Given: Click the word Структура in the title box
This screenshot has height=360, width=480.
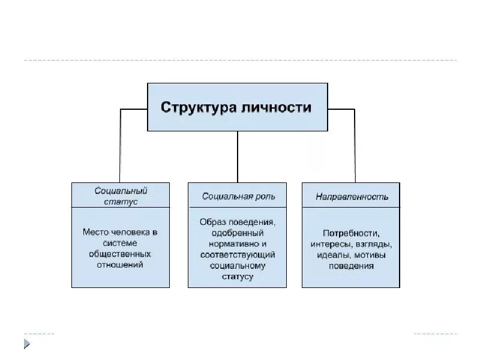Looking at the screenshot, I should (197, 107).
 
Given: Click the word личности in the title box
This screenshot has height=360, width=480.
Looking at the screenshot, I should (277, 107).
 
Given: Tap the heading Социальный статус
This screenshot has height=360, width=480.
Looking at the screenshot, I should (120, 196).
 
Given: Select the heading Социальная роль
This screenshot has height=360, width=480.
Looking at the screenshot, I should (236, 196).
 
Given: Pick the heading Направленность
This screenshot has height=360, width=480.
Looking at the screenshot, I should (352, 196).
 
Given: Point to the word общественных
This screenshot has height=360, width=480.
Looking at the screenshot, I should (120, 254).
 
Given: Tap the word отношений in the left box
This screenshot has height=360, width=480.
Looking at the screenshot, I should (120, 265).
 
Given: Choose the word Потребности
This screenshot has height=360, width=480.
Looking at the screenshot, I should (351, 233).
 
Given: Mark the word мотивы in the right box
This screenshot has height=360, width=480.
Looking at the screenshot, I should (370, 254).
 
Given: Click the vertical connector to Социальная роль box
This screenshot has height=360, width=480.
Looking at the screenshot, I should (238, 156).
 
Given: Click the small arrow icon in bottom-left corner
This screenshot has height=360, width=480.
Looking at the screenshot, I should (26, 343).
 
